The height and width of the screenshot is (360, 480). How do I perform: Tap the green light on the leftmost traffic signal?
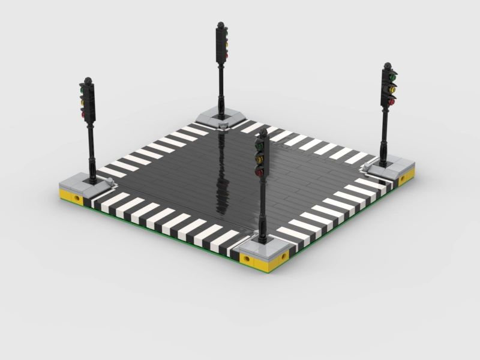(x=82, y=91)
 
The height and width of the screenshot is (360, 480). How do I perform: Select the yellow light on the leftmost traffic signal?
(x=82, y=101)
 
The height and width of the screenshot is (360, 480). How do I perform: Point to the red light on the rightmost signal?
(x=392, y=102)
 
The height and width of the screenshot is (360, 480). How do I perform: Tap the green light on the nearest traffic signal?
(x=260, y=145)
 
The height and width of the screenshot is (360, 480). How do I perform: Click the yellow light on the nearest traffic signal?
(x=260, y=159)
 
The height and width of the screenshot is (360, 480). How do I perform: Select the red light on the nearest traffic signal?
(x=260, y=172)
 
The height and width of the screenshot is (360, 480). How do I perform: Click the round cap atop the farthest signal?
(x=221, y=26)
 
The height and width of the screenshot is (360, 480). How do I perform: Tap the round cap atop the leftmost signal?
(x=89, y=80)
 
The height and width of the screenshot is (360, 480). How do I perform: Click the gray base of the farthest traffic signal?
(x=220, y=117)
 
